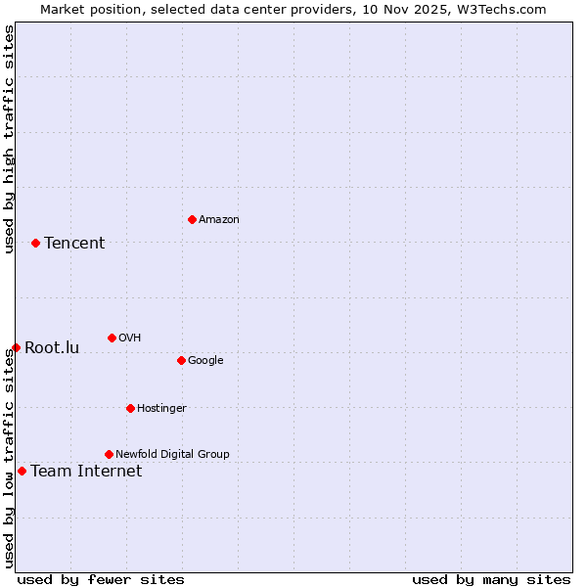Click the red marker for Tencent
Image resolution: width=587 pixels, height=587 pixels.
coord(35,243)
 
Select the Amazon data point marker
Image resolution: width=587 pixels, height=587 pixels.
coord(192,219)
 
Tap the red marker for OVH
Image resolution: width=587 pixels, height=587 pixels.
coord(112,338)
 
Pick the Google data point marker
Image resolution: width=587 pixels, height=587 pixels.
coord(181,360)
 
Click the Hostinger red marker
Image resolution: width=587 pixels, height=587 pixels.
coord(130,408)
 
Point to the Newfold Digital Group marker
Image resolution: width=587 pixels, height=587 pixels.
coord(109,454)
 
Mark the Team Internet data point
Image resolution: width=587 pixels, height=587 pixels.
coord(22,471)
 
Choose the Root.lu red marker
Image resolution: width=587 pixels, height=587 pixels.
coord(16,347)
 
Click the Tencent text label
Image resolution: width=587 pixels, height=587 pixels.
coord(74,243)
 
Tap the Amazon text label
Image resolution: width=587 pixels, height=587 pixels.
coord(219,219)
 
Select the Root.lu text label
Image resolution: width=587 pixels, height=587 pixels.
coord(52,347)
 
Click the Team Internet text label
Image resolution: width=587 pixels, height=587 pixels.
coord(86,471)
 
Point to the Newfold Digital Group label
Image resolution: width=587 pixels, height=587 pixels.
coord(172,454)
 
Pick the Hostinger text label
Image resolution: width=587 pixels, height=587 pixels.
coord(161,408)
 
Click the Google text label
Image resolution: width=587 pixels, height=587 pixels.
coord(205,360)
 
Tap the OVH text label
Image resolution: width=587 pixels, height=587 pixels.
coord(129,338)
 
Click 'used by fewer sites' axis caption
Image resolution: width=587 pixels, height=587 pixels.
coord(101,579)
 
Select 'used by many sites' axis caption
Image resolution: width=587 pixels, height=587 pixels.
coord(491,579)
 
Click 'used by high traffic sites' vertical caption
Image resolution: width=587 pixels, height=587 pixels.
coord(9,139)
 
